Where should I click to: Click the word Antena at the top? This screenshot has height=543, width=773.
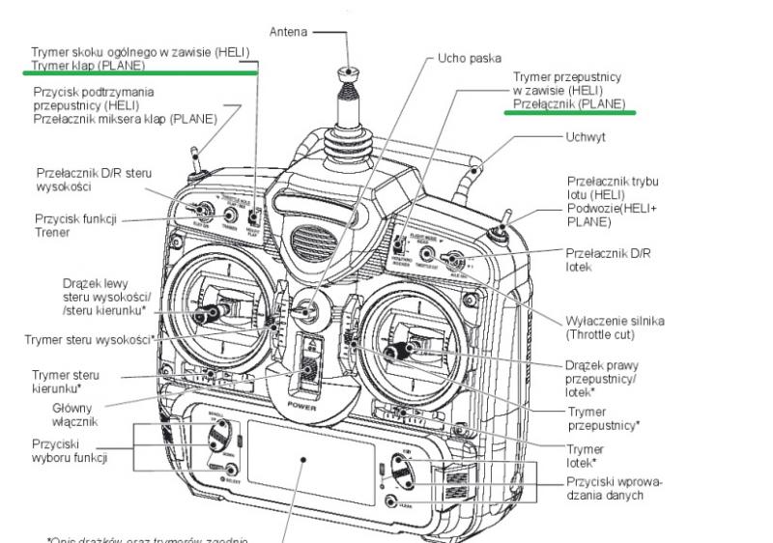(287, 31)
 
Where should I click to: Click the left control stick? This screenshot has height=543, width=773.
(210, 315)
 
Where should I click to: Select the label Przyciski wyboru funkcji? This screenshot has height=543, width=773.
(69, 450)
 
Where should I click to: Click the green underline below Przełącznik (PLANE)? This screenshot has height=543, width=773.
(570, 112)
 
